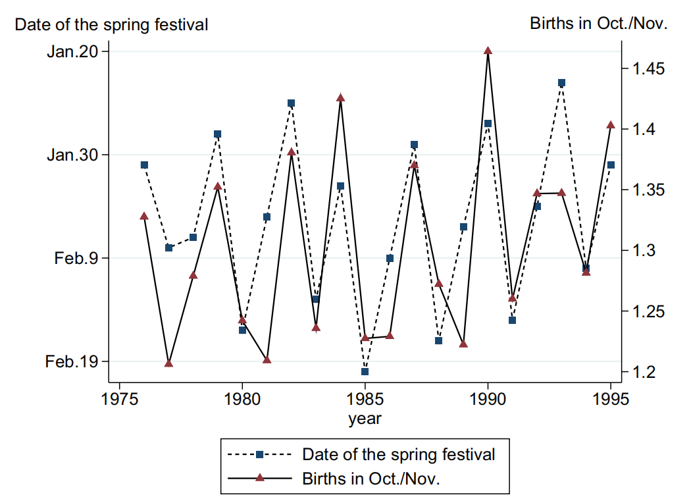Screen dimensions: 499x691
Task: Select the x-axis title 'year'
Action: [x=365, y=419]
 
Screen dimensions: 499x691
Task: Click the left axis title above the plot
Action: [x=111, y=25]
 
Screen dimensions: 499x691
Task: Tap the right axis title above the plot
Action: [x=599, y=24]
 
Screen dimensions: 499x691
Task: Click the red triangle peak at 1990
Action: [x=488, y=51]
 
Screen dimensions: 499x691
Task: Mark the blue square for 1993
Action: [x=561, y=83]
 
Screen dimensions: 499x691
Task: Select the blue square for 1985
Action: [x=365, y=372]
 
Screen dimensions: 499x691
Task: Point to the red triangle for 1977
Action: [x=168, y=363]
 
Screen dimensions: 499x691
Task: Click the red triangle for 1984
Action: [x=340, y=97]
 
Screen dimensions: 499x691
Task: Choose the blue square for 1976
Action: [x=144, y=165]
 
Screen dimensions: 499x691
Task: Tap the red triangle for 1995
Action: [x=611, y=124]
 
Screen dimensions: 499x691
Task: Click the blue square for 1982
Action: [x=291, y=103]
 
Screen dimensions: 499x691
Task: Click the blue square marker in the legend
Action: [x=259, y=454]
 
